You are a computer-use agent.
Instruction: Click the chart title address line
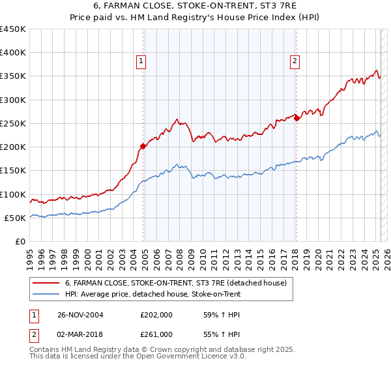[195, 7]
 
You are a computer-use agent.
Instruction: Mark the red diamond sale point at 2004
[143, 146]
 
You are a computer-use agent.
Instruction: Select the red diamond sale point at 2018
[297, 118]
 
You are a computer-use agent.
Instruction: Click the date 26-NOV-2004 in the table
[80, 315]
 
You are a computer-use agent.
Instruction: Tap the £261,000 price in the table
[156, 334]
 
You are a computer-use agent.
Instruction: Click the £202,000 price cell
[156, 315]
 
